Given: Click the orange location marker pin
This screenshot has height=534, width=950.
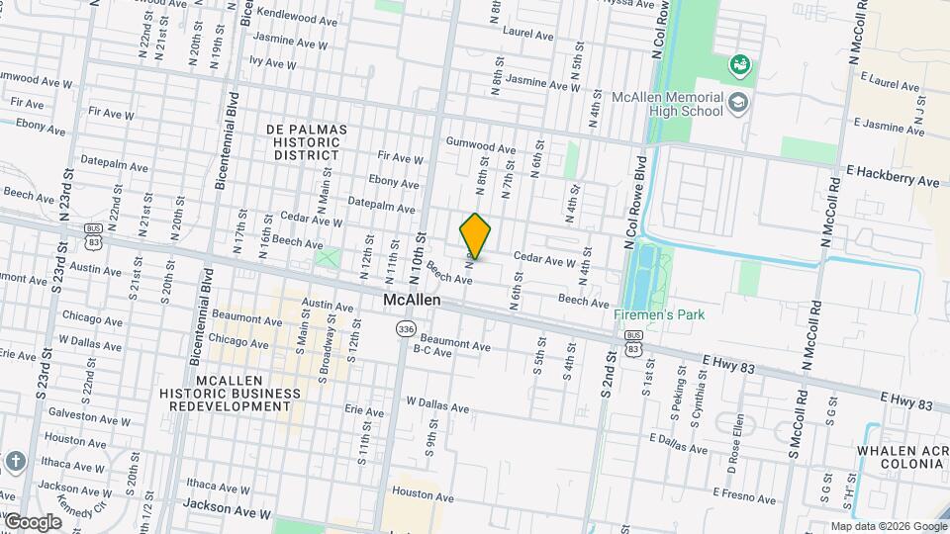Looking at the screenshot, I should click(475, 236).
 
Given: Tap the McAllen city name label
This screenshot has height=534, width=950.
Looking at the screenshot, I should click(413, 300).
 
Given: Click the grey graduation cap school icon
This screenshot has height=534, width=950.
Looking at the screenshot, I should click(738, 102).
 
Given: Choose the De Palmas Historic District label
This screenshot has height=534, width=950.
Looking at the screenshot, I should click(307, 142).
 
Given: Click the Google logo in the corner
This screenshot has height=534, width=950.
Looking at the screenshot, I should click(32, 521).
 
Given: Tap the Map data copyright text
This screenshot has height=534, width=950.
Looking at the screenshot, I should click(888, 526).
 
